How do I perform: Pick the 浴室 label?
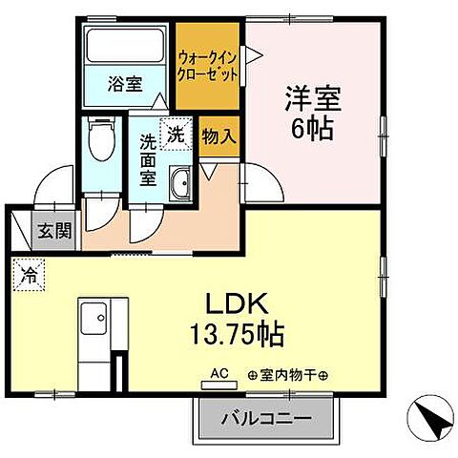pos(123,83)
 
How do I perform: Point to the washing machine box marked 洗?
pos(176,134)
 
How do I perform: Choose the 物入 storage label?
pos(219,135)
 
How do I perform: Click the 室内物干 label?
pos(287,375)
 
